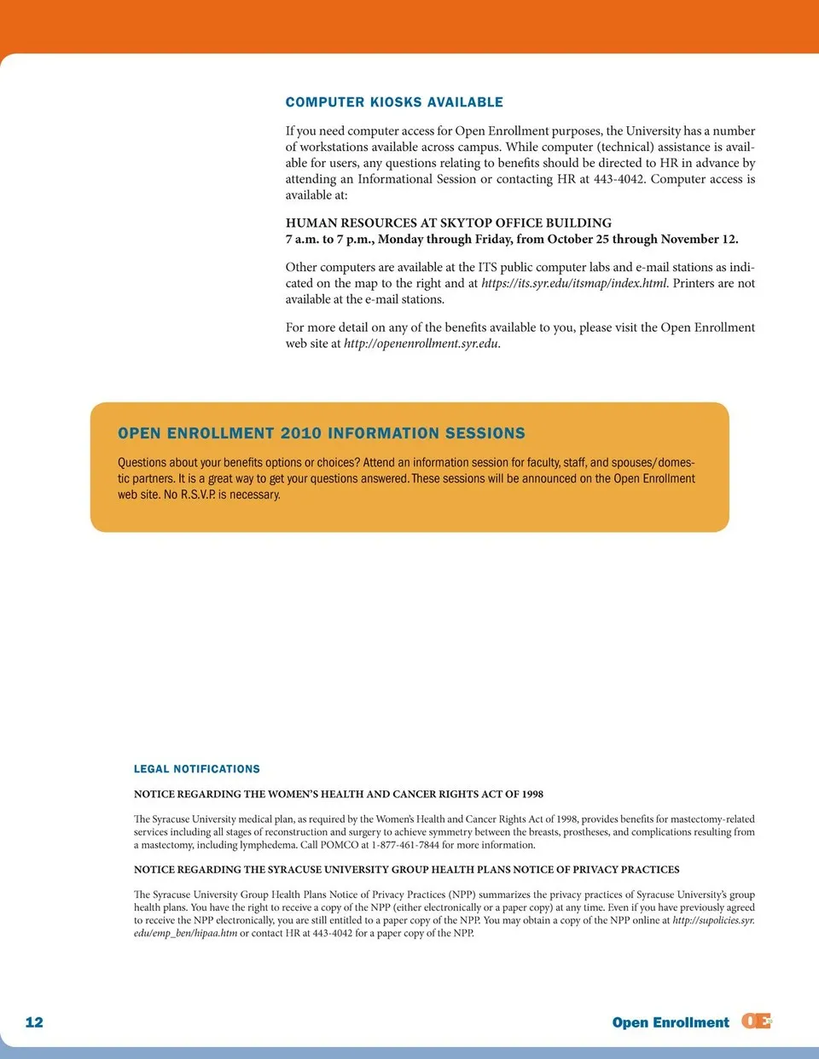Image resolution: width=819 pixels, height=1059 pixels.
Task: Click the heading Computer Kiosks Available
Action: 394,102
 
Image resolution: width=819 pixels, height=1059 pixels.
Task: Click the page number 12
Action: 34,1022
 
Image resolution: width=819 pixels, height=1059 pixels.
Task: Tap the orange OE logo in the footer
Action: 756,1021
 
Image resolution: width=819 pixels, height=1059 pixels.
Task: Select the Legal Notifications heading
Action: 197,769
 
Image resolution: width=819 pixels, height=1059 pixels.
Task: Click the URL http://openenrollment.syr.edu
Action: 421,344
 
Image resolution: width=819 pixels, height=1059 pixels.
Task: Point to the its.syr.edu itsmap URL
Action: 574,283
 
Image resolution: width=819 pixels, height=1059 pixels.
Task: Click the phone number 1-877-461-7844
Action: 405,845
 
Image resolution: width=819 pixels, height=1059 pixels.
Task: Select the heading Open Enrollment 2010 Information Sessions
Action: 322,433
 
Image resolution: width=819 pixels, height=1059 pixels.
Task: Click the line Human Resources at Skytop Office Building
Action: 449,223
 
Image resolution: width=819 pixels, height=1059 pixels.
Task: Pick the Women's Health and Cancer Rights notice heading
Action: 339,794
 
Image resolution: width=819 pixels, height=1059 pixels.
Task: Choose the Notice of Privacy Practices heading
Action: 407,870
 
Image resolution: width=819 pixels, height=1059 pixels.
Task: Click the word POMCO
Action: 340,845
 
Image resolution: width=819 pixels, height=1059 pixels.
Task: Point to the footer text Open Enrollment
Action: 671,1022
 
